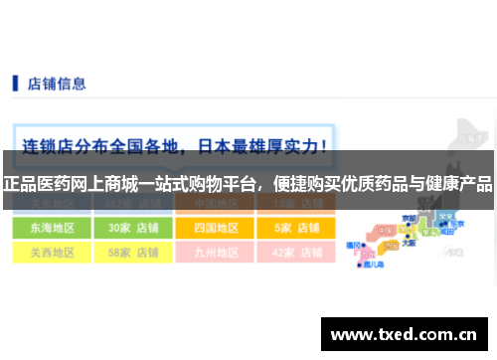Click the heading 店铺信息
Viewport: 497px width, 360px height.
point(56,84)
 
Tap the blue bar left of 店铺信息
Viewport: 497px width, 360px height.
point(15,84)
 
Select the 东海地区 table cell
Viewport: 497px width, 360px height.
point(45,227)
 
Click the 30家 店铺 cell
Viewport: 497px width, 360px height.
point(133,227)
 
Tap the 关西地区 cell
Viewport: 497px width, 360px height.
point(45,253)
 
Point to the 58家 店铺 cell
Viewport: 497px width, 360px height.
point(133,253)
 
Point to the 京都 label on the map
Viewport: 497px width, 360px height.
point(410,217)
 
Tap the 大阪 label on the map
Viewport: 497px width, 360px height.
point(410,242)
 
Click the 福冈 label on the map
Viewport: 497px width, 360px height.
point(353,244)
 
